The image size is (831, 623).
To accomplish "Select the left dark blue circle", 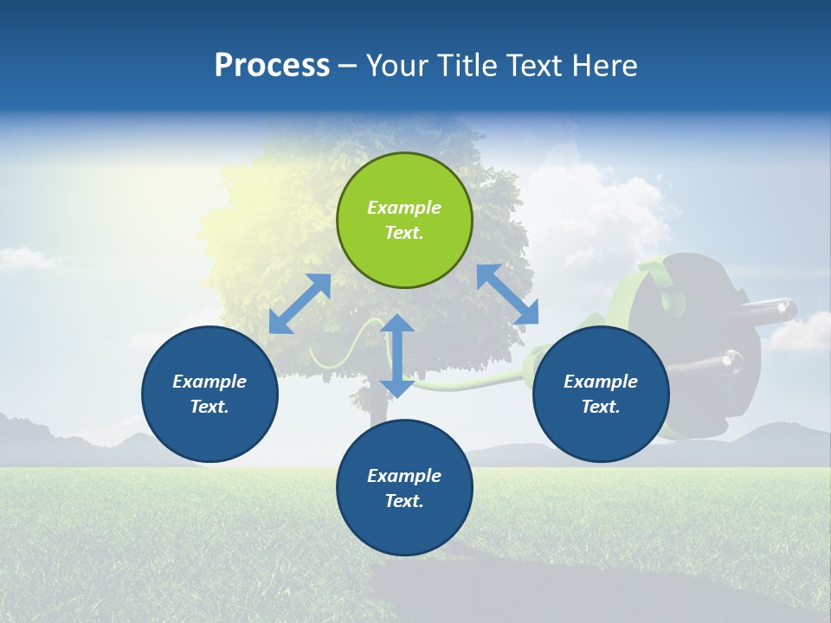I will pyautogui.click(x=209, y=394).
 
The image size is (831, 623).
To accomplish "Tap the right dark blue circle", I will pyautogui.click(x=601, y=394).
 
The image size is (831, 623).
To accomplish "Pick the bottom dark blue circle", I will pyautogui.click(x=404, y=488).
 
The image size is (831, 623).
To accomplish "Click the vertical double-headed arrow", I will pyautogui.click(x=397, y=356).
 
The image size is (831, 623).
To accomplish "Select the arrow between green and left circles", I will pyautogui.click(x=300, y=304).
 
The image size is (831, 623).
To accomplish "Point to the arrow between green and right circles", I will pyautogui.click(x=507, y=294).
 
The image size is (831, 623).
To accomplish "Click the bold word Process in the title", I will pyautogui.click(x=272, y=66).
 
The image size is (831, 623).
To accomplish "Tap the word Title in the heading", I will pyautogui.click(x=468, y=66).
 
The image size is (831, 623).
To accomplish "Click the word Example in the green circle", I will pyautogui.click(x=404, y=208).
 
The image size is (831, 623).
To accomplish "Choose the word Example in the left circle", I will pyautogui.click(x=209, y=382).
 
